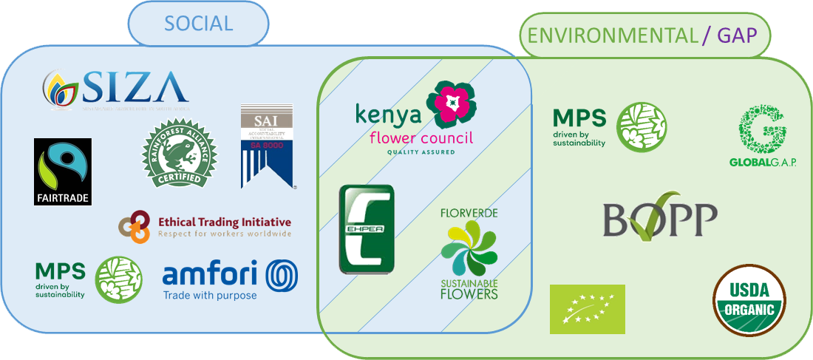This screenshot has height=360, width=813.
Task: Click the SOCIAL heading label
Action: tap(198, 23)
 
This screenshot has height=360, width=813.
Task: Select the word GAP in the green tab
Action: tap(736, 35)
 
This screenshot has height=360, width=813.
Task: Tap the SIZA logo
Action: tap(115, 89)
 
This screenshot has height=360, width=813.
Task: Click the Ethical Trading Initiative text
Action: tap(224, 222)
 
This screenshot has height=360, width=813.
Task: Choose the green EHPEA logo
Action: tap(367, 229)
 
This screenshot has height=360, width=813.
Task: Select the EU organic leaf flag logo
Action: tap(588, 309)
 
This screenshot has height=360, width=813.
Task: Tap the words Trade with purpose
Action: tap(210, 296)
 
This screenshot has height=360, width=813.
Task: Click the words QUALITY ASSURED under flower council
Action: tap(421, 152)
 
